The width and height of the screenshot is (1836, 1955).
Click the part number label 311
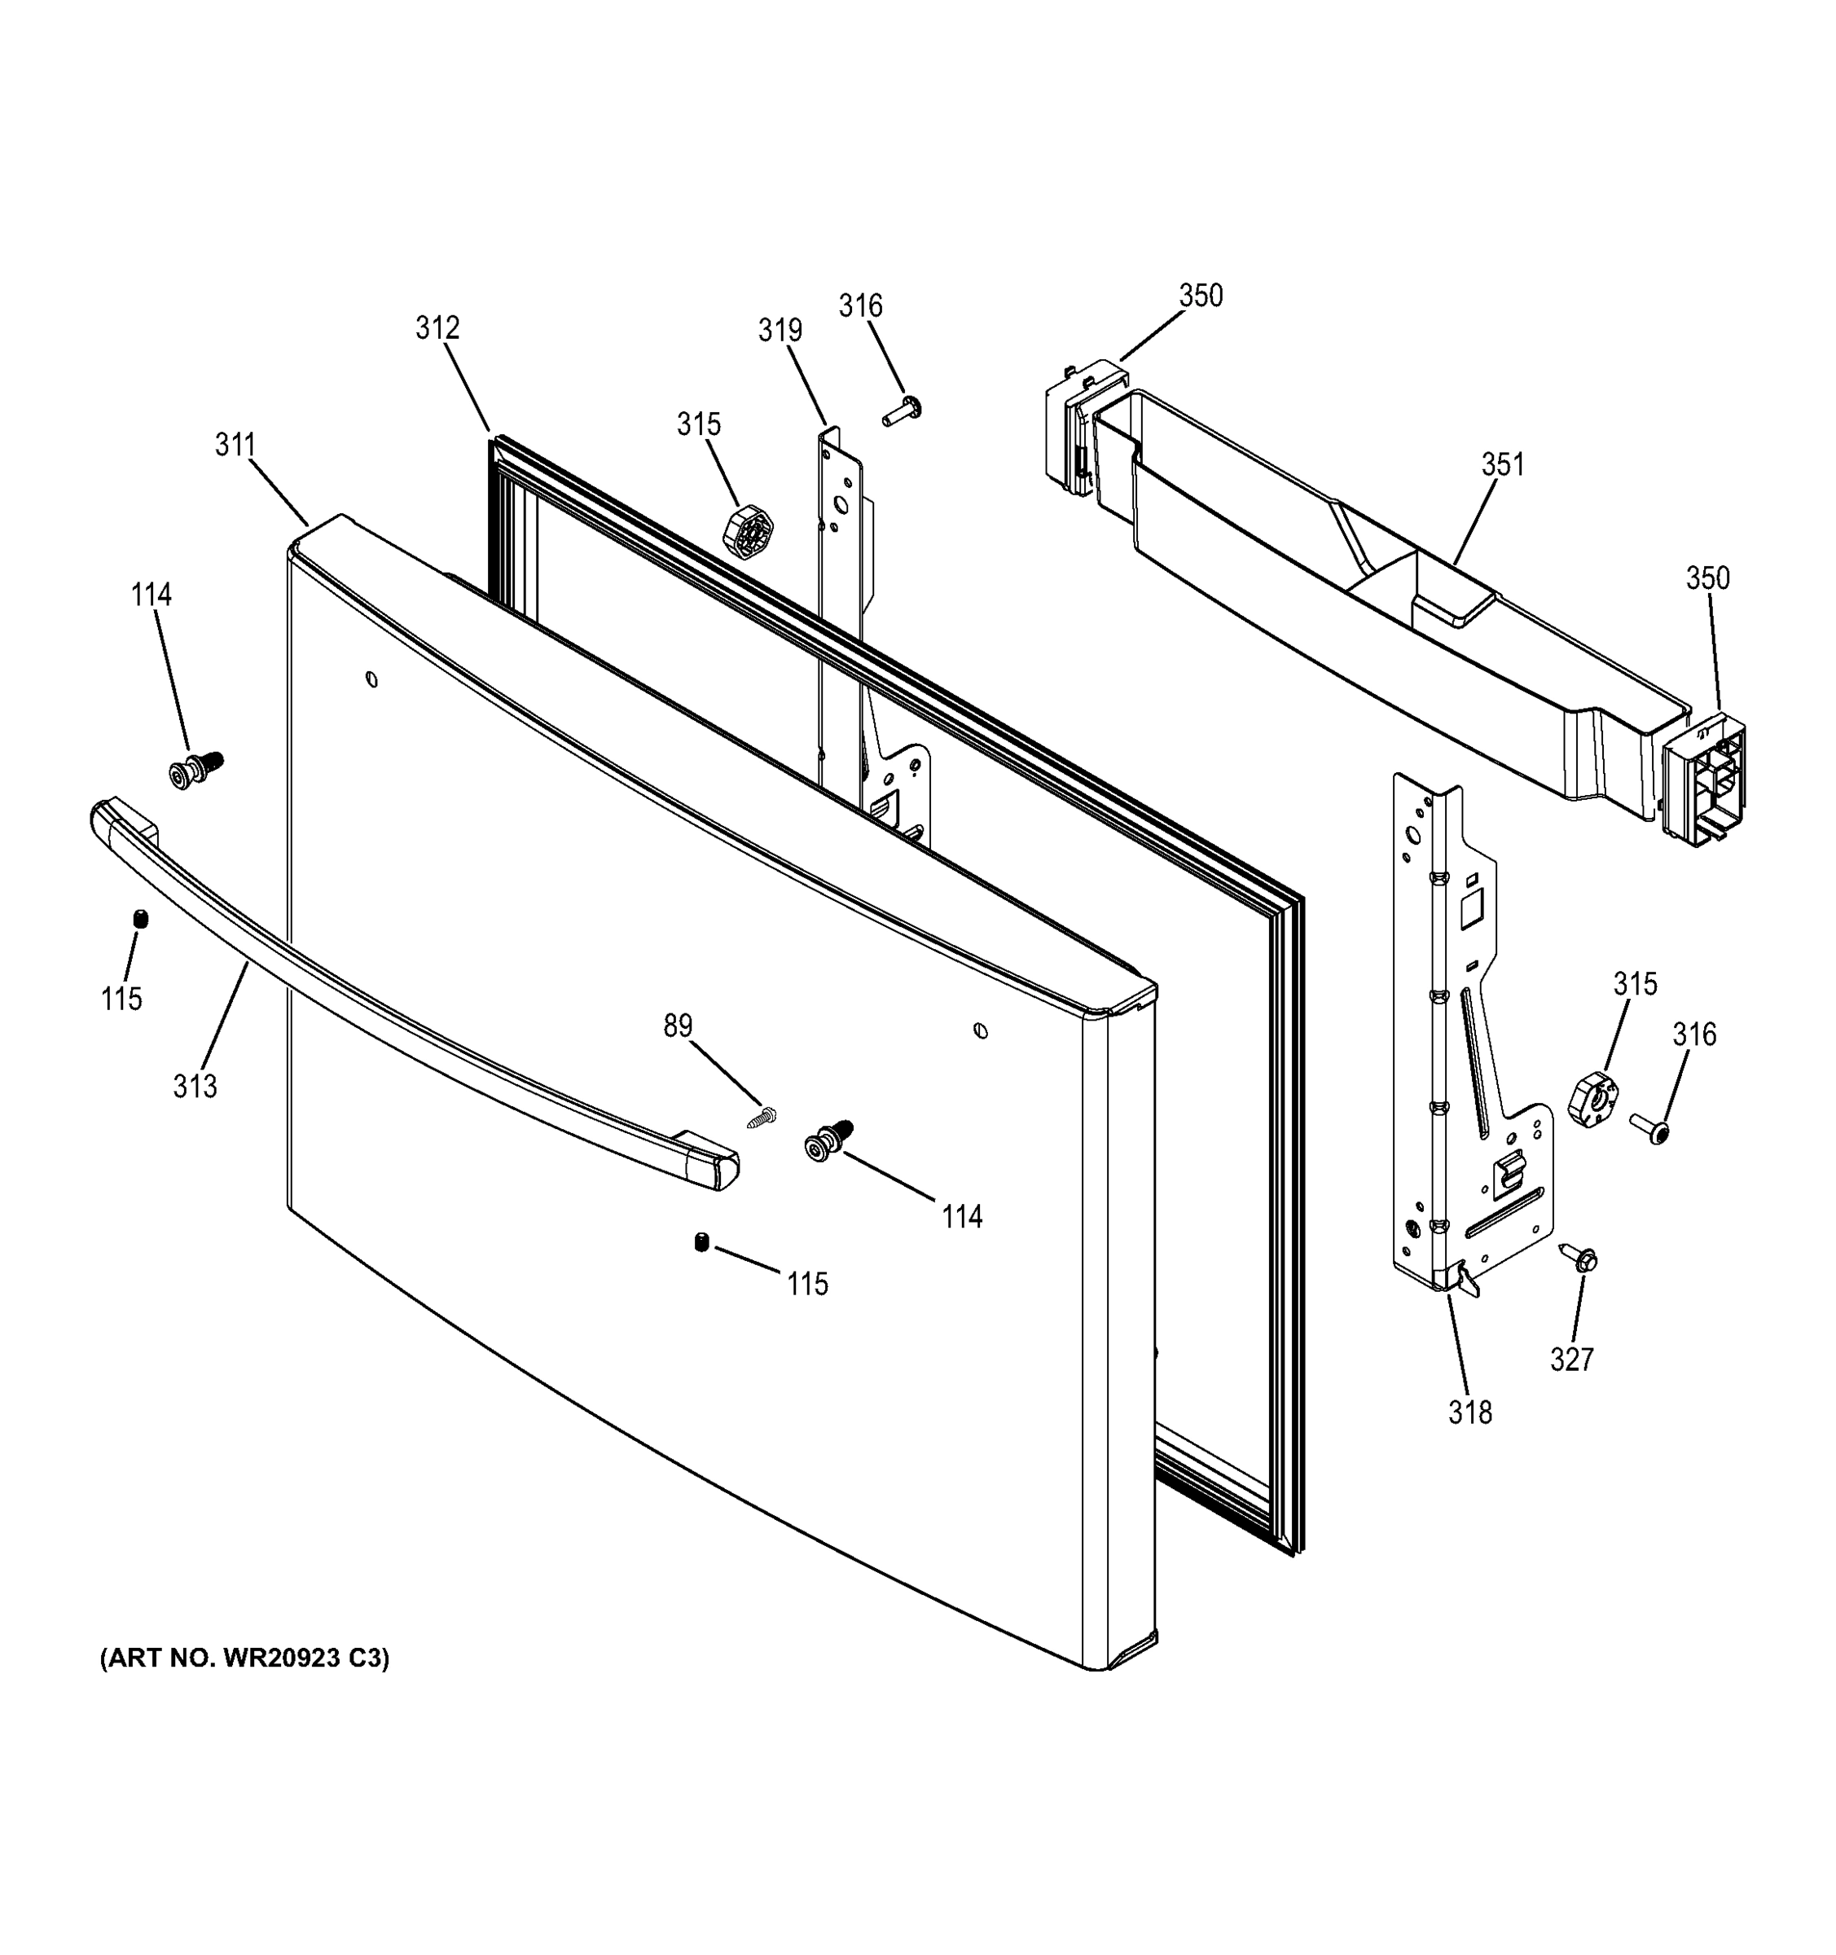(235, 446)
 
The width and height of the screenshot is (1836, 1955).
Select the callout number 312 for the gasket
(437, 327)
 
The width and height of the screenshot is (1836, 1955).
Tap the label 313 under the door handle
(195, 1087)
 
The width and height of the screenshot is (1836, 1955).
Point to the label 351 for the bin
(1503, 464)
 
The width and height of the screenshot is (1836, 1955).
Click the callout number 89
(678, 1026)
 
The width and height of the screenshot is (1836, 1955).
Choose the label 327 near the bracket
(1571, 1359)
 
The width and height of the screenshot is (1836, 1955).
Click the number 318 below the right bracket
(1469, 1412)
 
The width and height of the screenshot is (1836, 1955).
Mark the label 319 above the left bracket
(780, 331)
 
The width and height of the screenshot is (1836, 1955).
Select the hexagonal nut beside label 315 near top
(748, 532)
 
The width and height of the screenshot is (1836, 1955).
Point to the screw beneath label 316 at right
(1649, 1128)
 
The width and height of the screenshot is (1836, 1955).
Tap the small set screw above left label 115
(141, 919)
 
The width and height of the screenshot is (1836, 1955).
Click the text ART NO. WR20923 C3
(245, 1658)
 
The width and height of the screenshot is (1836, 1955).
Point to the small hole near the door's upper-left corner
(371, 679)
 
